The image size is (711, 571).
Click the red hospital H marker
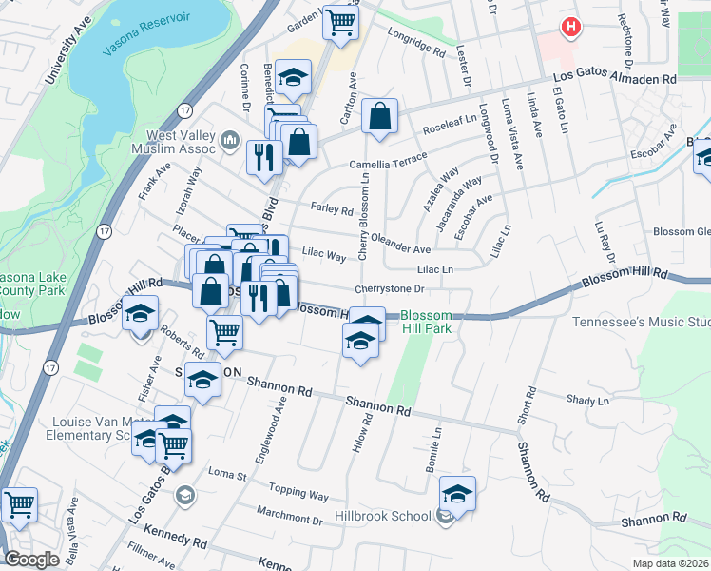click(570, 28)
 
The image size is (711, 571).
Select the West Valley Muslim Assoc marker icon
click(229, 143)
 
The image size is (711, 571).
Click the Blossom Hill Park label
click(425, 323)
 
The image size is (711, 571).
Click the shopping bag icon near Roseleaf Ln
click(379, 118)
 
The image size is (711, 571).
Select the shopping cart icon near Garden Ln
click(339, 21)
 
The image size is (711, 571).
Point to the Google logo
click(31, 560)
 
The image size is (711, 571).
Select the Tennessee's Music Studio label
click(641, 322)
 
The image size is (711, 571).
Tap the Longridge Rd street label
click(416, 41)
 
